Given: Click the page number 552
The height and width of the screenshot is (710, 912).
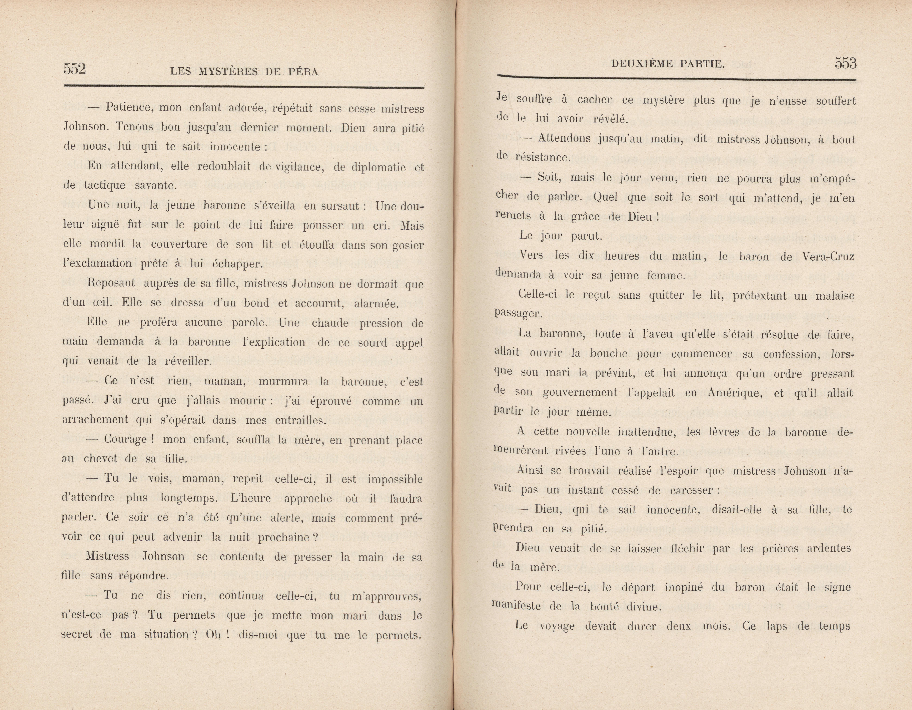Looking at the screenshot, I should coord(75,68).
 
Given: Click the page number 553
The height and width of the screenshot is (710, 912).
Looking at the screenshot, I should coord(846,63).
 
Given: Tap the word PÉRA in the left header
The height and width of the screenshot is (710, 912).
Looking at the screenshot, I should coord(303,72).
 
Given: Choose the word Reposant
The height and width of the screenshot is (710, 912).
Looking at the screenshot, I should coord(111,283).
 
